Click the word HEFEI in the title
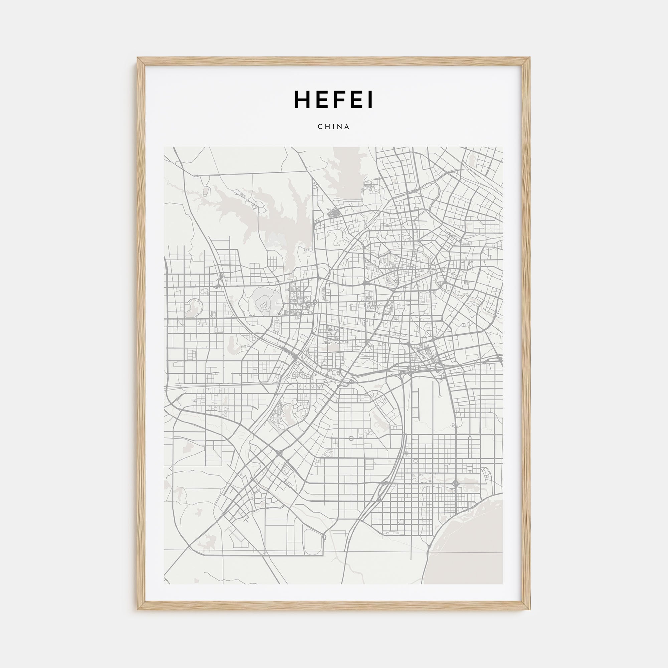point(333,100)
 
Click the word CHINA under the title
point(334,127)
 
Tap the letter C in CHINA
point(320,127)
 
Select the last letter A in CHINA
point(347,127)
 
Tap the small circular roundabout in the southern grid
point(351,439)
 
